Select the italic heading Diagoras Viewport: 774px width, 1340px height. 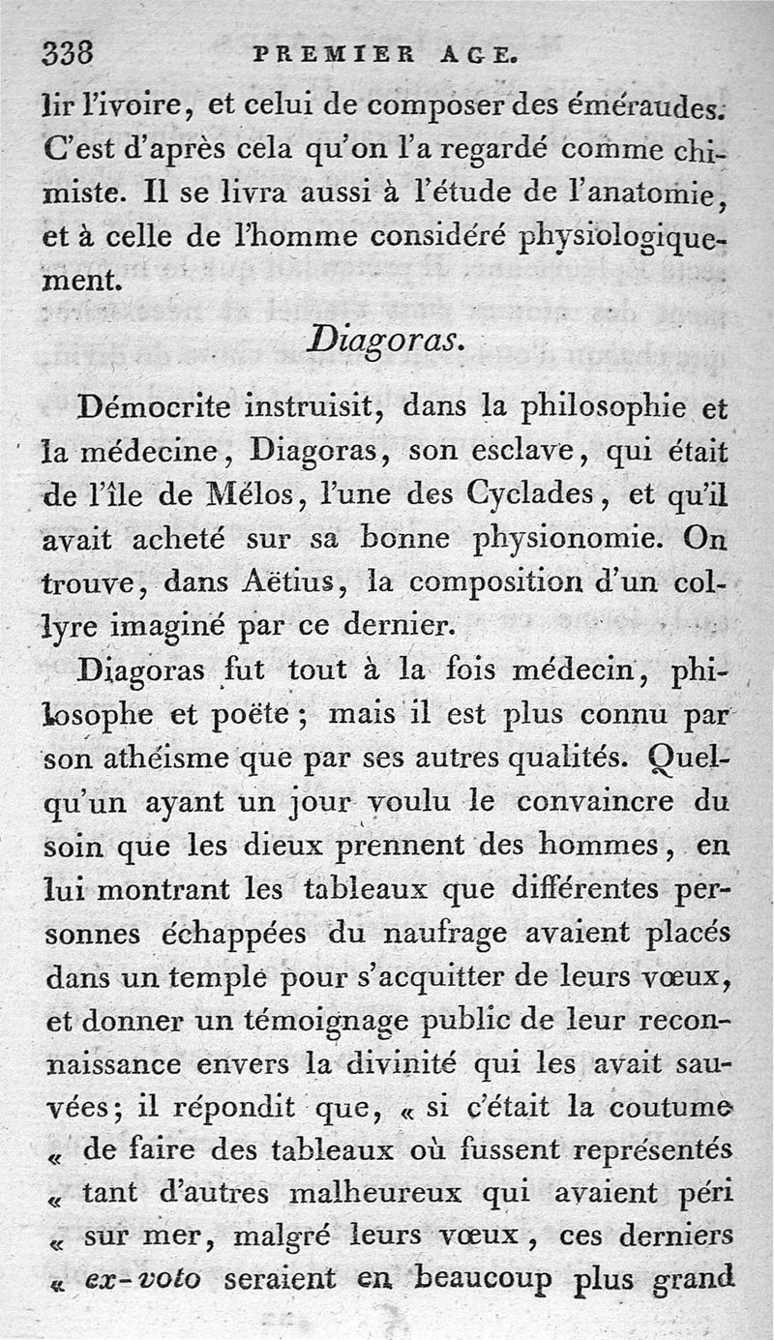(384, 342)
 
